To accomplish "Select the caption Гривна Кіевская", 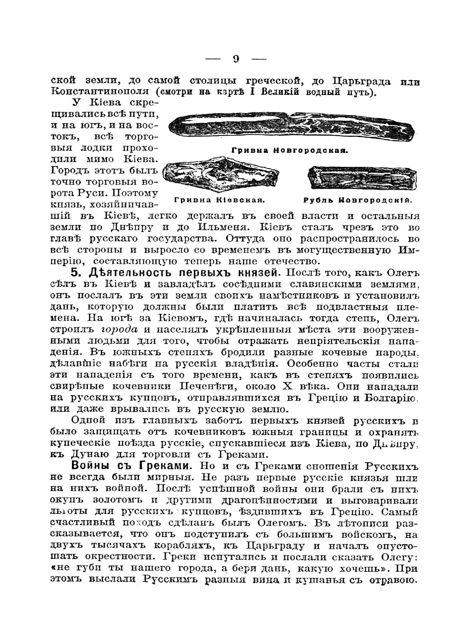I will click(x=219, y=200).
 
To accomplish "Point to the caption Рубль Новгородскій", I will click(x=358, y=200).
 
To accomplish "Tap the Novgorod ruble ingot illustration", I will click(x=362, y=177).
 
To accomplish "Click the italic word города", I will click(x=119, y=330).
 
